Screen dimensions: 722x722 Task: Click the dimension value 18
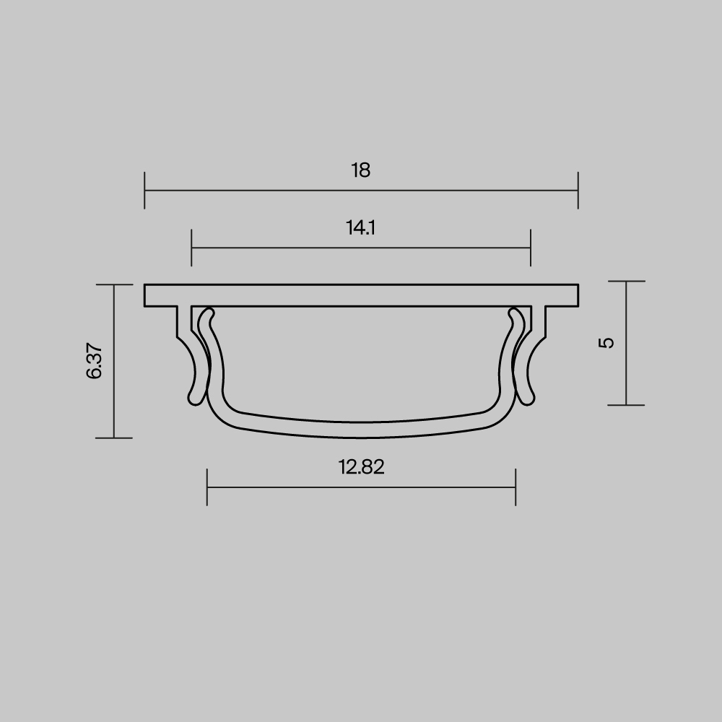tap(361, 170)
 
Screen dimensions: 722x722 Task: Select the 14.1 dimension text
tap(361, 228)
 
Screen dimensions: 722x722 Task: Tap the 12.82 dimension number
tap(361, 467)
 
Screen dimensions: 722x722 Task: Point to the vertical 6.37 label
tap(95, 361)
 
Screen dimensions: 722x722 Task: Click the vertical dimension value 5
tap(607, 342)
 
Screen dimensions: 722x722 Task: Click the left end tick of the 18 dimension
tap(145, 191)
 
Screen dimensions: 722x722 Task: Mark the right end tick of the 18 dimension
tap(578, 191)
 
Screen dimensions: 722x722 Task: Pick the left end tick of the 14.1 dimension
tap(192, 248)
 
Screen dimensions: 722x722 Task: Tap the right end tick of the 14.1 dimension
tap(531, 248)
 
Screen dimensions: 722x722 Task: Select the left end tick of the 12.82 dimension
tap(207, 487)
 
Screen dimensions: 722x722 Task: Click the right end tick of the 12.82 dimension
tap(516, 487)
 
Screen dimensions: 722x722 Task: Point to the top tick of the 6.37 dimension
tap(114, 285)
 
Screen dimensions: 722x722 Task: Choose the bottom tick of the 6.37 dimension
tap(114, 438)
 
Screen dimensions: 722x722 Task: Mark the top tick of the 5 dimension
tap(626, 282)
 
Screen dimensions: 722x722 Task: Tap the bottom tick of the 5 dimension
tap(626, 405)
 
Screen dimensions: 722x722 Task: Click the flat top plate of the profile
tap(361, 296)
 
